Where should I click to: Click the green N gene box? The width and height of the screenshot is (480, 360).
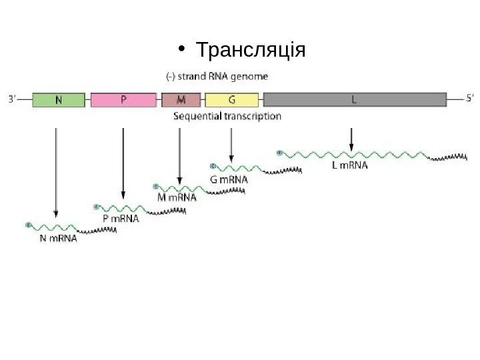[59, 100]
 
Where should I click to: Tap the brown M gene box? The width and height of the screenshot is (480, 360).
[181, 100]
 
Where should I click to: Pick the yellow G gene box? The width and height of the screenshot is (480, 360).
[231, 100]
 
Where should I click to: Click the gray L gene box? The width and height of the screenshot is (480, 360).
[355, 100]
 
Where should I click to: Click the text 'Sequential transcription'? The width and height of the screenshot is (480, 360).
[227, 116]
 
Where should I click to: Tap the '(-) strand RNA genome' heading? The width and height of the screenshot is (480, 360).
[217, 76]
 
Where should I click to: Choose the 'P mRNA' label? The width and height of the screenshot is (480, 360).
[121, 217]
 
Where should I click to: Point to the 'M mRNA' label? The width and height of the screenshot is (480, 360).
[177, 197]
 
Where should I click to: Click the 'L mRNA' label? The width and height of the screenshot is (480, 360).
[349, 166]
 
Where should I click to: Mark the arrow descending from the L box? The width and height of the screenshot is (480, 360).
[352, 139]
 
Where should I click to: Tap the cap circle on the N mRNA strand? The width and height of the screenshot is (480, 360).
[28, 225]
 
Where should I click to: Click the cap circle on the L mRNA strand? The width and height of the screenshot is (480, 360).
[278, 153]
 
